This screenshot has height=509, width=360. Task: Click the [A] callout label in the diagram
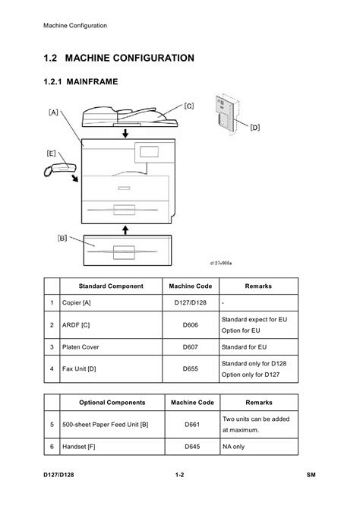53,112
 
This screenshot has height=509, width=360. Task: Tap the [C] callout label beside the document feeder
189,106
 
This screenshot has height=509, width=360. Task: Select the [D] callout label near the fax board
255,128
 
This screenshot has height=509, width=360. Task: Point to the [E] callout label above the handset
52,153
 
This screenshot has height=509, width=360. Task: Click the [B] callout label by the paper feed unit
62,238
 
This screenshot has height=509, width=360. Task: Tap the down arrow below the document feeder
125,133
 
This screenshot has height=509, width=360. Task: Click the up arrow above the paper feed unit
125,230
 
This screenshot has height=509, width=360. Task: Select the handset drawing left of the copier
60,169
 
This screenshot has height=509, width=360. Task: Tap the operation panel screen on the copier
149,152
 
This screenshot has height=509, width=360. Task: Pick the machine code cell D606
190,325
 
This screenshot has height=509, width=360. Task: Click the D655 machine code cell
190,368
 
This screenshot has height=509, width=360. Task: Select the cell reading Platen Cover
81,347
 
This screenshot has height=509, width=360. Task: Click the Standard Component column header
111,286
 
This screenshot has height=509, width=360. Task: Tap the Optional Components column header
112,403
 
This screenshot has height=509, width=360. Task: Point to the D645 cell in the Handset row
192,447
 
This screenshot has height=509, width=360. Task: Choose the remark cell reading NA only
233,447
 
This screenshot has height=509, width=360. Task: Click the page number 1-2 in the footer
179,475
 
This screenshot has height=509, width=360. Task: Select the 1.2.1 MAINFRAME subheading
81,81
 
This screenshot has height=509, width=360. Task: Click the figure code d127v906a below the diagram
221,263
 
